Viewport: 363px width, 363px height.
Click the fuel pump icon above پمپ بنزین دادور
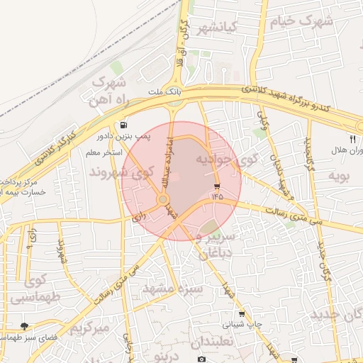(x=125, y=124)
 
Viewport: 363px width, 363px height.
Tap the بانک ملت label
(x=166, y=93)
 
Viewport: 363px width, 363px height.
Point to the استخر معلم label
(x=104, y=152)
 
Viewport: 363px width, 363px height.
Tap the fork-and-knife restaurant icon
(x=352, y=139)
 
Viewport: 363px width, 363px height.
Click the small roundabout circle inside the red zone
(x=162, y=200)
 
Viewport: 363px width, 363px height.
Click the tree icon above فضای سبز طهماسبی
(x=26, y=326)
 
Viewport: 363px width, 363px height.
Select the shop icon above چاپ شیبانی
(x=242, y=314)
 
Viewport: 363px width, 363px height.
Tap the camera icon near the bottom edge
(x=201, y=359)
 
